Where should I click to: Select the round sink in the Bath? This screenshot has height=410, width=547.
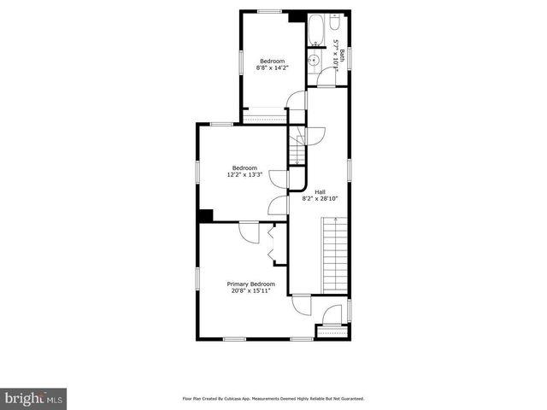click(x=315, y=60)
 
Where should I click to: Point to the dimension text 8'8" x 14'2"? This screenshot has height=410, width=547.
click(x=272, y=68)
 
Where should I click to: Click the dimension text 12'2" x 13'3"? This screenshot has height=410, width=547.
click(x=243, y=174)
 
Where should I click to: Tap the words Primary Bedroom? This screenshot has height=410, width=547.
click(x=250, y=284)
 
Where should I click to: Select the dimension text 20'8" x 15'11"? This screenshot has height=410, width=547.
click(x=250, y=290)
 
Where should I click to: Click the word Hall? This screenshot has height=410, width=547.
click(x=320, y=191)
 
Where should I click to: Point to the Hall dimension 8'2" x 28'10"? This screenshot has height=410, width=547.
click(x=320, y=198)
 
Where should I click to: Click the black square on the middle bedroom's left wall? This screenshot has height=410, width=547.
click(x=205, y=215)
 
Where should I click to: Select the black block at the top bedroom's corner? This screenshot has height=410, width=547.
click(x=297, y=16)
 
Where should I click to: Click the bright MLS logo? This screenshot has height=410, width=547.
click(x=34, y=398)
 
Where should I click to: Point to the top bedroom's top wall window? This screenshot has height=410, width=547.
click(x=270, y=11)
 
